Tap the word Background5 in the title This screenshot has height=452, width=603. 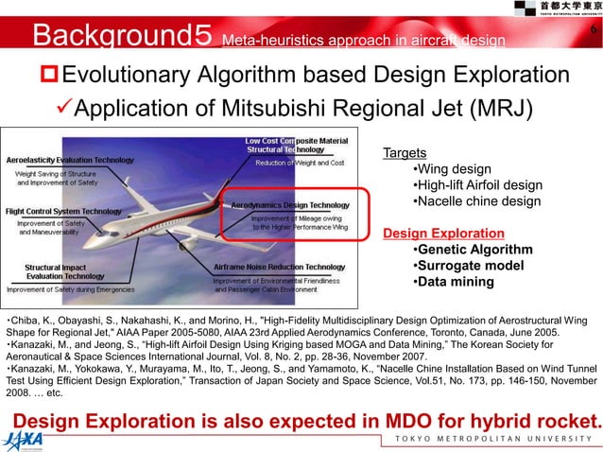pos(122,36)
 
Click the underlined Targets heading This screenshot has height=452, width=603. pos(404,152)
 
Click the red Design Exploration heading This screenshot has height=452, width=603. pos(442,233)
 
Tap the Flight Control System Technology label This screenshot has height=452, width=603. pos(64,211)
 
